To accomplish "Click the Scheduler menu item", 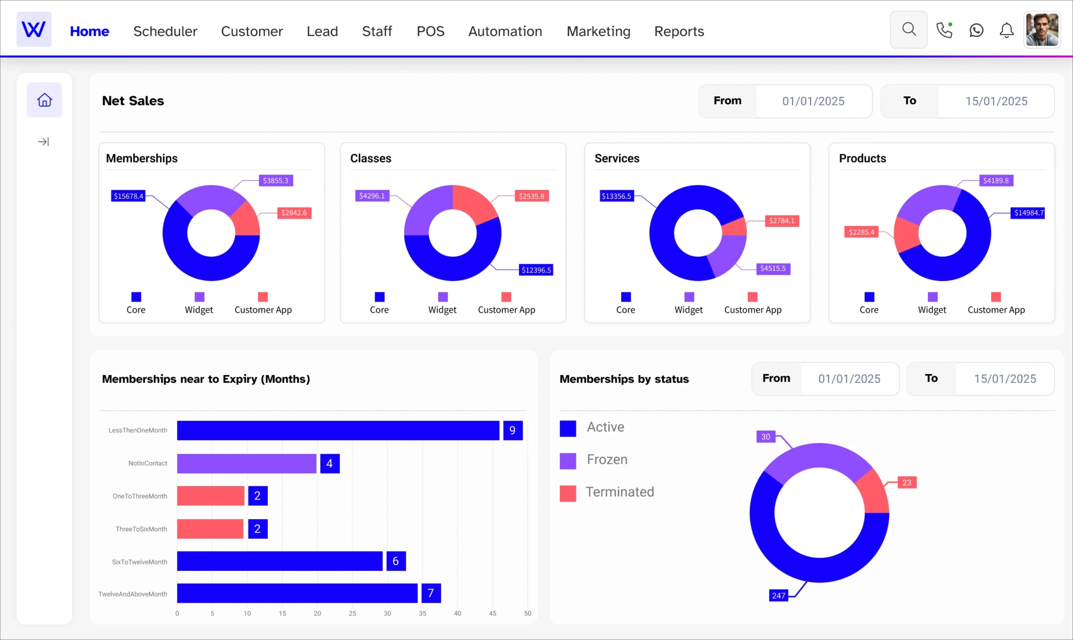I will point(165,31).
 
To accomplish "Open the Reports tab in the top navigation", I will point(679,31).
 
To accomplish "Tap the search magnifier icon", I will point(908,29).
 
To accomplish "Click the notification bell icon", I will point(1006,30).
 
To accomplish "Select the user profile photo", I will point(1042,29).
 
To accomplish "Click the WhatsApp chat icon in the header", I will point(976,30).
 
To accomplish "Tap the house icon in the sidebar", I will point(44,100).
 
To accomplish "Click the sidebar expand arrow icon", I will point(44,141).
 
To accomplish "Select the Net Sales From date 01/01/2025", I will point(813,101).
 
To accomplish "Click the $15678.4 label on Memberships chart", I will point(128,196).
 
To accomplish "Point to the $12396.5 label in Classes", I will point(536,270).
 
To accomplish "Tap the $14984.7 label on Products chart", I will point(1028,213).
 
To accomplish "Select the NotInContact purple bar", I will point(246,463).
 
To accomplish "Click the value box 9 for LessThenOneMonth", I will point(512,430).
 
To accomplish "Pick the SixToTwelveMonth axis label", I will point(139,562).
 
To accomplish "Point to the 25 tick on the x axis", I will point(352,613).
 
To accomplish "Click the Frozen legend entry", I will point(606,460).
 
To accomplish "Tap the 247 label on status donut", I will point(778,595).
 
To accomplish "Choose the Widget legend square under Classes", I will point(443,297).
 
